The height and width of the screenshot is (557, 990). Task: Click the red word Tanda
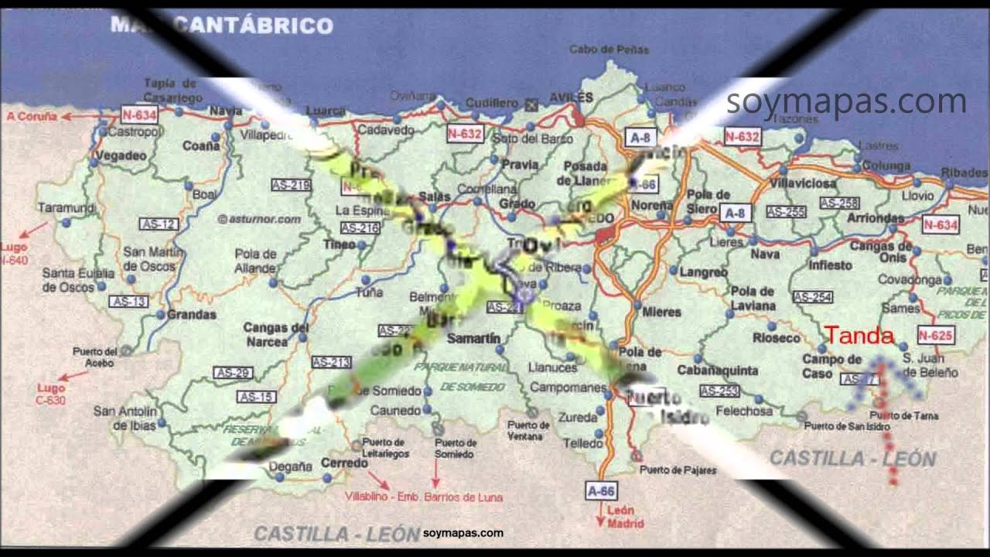859,337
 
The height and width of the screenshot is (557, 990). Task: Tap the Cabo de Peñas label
609,50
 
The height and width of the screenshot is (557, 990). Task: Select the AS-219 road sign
291,185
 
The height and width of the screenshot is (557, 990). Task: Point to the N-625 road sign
936,335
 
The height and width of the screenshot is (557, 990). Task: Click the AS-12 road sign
159,224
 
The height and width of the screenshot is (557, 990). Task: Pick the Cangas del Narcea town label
276,334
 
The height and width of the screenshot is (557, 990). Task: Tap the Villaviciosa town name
804,184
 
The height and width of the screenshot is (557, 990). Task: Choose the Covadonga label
909,280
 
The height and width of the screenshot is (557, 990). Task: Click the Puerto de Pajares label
678,470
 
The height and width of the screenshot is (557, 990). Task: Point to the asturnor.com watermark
259,219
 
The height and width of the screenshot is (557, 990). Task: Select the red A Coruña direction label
32,116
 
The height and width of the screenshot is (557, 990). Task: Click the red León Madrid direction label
620,516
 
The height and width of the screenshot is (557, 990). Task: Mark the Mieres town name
661,312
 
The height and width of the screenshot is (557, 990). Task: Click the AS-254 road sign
812,296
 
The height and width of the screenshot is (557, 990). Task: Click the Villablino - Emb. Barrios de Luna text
424,497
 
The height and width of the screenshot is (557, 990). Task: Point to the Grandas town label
191,315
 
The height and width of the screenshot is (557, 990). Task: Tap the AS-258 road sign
839,203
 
